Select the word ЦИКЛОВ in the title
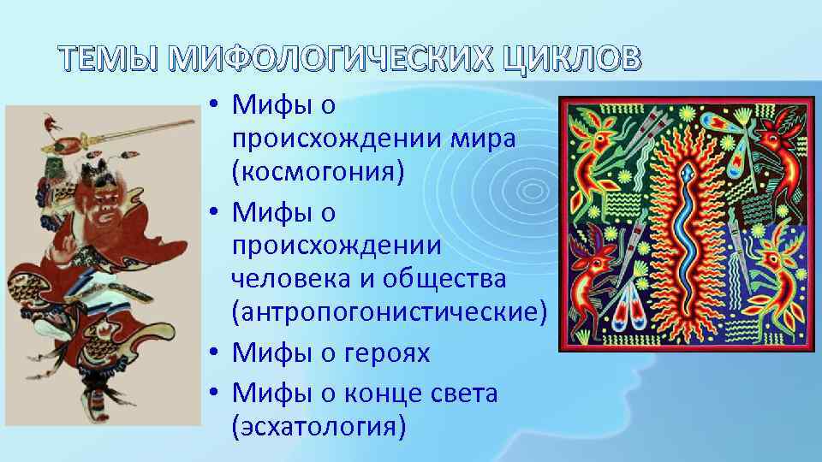pos(569,59)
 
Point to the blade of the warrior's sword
pos(146,129)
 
